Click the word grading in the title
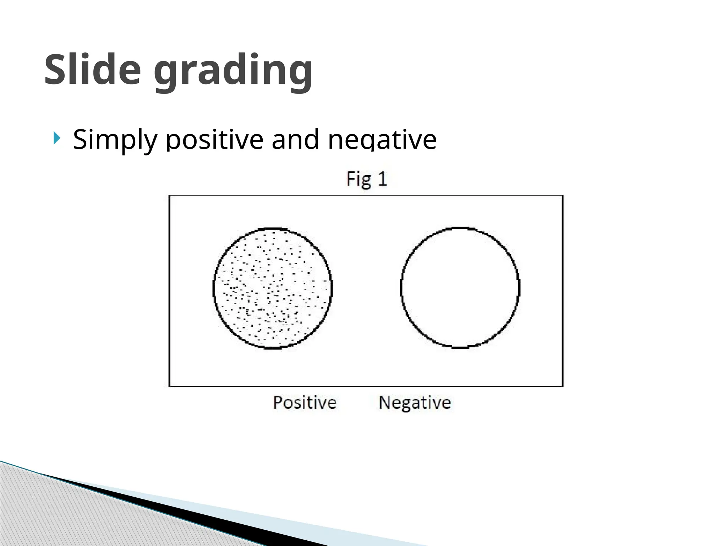[x=233, y=71]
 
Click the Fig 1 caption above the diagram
[x=366, y=179]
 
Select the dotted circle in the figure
[x=273, y=288]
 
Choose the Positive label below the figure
[x=305, y=403]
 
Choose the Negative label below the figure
[x=415, y=403]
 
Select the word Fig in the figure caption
[x=359, y=179]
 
